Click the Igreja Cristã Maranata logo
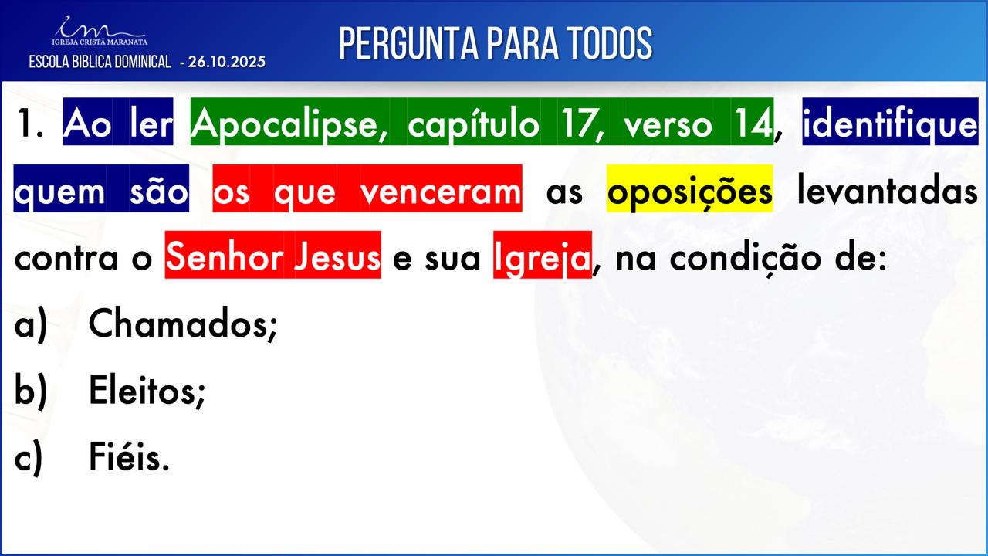[x=100, y=32]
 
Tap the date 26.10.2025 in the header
[x=227, y=62]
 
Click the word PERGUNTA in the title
[x=409, y=43]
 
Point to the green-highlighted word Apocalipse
[x=286, y=123]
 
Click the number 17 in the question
[x=582, y=124]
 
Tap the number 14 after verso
[x=753, y=124]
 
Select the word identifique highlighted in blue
[x=890, y=123]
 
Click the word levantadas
[x=888, y=191]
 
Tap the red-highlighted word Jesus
[x=337, y=257]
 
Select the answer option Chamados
[x=183, y=324]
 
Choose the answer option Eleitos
[x=147, y=391]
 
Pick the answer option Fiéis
[x=129, y=457]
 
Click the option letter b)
[x=30, y=391]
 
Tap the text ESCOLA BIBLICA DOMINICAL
[x=100, y=62]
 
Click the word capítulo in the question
[x=473, y=123]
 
